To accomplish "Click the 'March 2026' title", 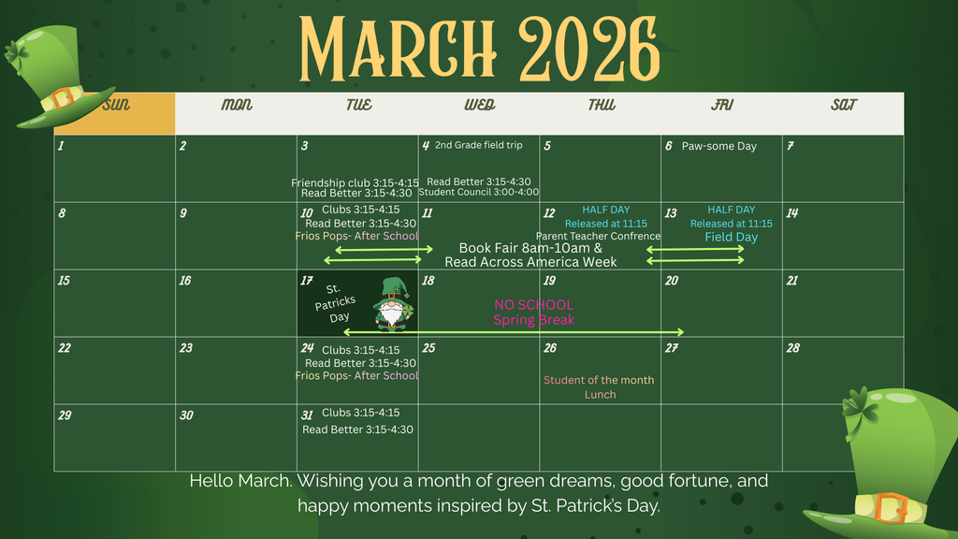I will click(x=479, y=47).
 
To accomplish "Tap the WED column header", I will click(x=479, y=105).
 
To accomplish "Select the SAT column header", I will click(x=844, y=105).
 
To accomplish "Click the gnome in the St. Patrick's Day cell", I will click(x=391, y=304).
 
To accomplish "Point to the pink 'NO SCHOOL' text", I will click(x=533, y=305).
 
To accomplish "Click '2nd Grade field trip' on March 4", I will click(x=478, y=145).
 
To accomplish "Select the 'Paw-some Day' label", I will click(x=718, y=146).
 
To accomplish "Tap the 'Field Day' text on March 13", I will click(x=732, y=238).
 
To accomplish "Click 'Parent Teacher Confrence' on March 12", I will click(x=598, y=237).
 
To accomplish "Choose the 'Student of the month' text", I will click(x=599, y=380).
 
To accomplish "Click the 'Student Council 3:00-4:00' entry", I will click(x=478, y=193).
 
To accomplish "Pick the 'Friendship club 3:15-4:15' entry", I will click(x=355, y=182).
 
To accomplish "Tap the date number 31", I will click(x=307, y=415).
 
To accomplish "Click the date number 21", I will click(x=792, y=281).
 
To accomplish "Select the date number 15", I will click(x=64, y=281).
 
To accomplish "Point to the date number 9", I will click(x=183, y=213).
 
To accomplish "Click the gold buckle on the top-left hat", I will click(x=63, y=97).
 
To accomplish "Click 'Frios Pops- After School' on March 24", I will click(x=356, y=376).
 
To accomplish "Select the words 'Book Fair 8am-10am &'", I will click(x=530, y=249).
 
